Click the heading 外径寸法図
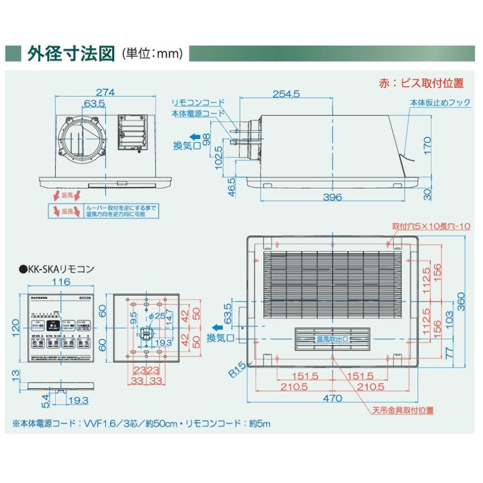click(x=71, y=54)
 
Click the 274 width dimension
click(x=106, y=92)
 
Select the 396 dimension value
click(x=333, y=197)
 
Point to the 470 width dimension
click(x=333, y=398)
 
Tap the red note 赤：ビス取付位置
click(x=421, y=83)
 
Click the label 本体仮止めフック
click(x=440, y=103)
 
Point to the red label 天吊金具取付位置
click(x=403, y=411)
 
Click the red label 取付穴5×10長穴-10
click(x=431, y=226)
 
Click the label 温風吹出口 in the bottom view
click(x=332, y=339)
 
